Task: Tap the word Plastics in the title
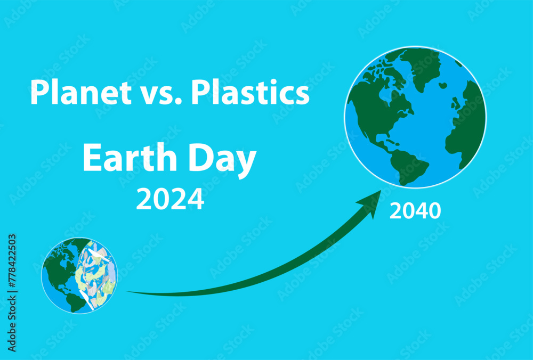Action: point(250,92)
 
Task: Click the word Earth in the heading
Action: point(123,159)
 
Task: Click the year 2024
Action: point(170,199)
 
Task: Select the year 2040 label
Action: point(415,211)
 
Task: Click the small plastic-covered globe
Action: point(80,275)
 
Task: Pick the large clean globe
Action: point(415,117)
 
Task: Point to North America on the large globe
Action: point(378,107)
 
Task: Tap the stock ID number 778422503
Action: point(12,292)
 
